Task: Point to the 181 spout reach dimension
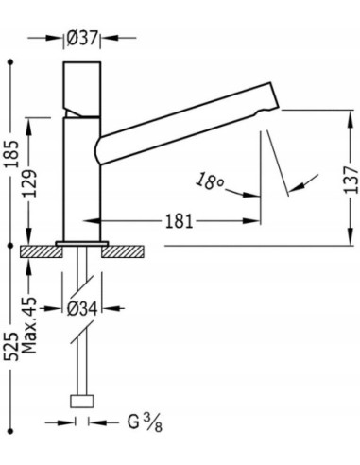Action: (x=179, y=222)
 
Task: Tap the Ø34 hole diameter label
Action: (x=81, y=308)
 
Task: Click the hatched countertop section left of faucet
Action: (x=39, y=251)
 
